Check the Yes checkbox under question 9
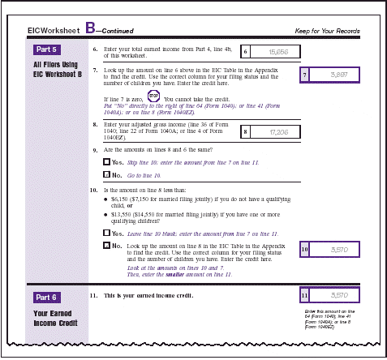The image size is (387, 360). [107, 162]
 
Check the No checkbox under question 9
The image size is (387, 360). [107, 174]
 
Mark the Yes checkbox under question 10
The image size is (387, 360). [107, 233]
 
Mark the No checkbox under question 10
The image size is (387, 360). [107, 245]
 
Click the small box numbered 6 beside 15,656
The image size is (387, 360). [247, 52]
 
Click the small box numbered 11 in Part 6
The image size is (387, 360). [305, 296]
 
